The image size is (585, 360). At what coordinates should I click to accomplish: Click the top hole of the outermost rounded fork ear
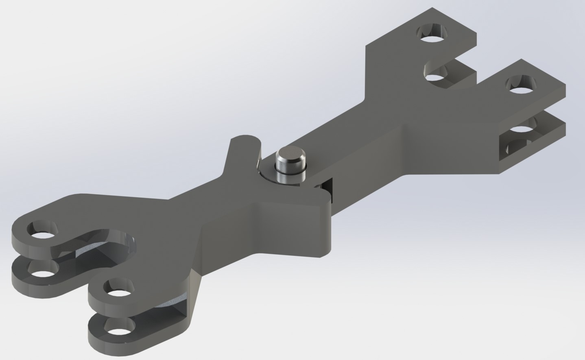(42, 231)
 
